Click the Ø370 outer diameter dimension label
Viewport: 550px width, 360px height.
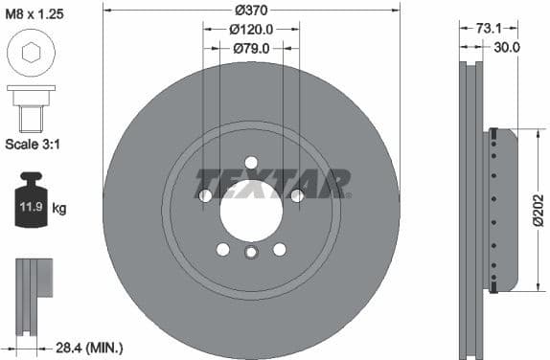[x=251, y=10]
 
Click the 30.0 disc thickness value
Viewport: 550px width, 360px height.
[x=506, y=46]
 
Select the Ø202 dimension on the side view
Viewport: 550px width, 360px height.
[x=539, y=211]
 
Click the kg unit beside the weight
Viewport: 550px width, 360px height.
[x=60, y=207]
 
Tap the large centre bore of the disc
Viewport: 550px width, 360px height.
[x=251, y=209]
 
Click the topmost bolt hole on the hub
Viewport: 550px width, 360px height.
[x=251, y=162]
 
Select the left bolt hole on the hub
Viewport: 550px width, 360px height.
[x=205, y=195]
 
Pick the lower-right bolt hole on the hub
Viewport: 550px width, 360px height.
[x=280, y=249]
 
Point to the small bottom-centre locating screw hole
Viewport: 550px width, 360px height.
[x=251, y=254]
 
